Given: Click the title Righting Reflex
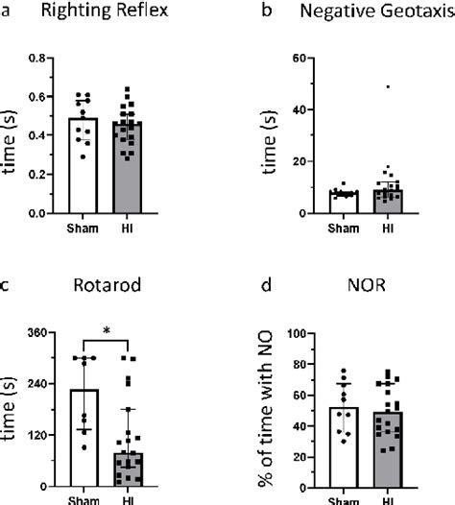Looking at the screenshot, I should coord(110,12).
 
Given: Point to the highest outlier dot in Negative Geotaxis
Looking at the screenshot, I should coord(387,87).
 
